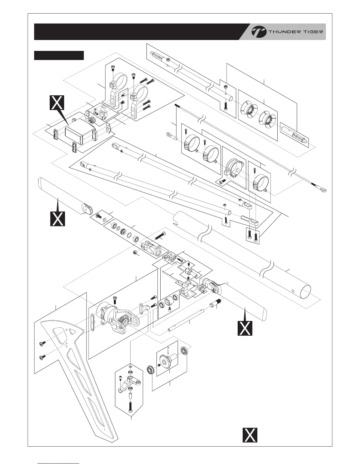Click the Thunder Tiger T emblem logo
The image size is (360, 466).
(x=259, y=32)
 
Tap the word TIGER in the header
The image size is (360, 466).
(x=312, y=32)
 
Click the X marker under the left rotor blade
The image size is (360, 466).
(x=57, y=219)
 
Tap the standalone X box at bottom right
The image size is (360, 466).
(x=250, y=435)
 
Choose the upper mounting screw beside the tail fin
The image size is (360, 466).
(x=41, y=344)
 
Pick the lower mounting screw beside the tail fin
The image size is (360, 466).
(x=41, y=357)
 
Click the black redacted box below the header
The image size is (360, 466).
(x=59, y=55)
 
